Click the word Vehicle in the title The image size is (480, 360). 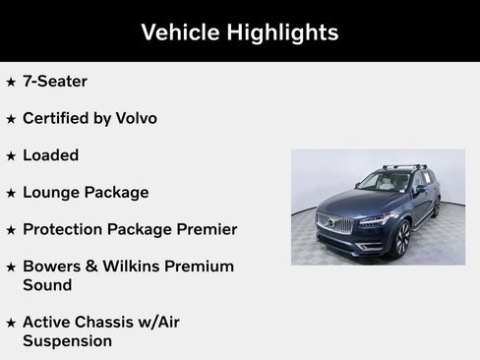pyautogui.click(x=180, y=32)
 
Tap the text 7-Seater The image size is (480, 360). pyautogui.click(x=55, y=82)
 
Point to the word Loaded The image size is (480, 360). pyautogui.click(x=50, y=155)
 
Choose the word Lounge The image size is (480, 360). pyautogui.click(x=54, y=193)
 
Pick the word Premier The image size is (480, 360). pyautogui.click(x=204, y=229)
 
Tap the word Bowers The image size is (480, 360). pyautogui.click(x=53, y=267)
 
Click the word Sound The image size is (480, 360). pyautogui.click(x=47, y=285)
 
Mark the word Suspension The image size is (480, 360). pyautogui.click(x=67, y=341)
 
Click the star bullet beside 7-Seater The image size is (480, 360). pyautogui.click(x=11, y=82)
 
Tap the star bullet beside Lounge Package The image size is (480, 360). pyautogui.click(x=11, y=193)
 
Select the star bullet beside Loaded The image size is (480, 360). pyautogui.click(x=11, y=155)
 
